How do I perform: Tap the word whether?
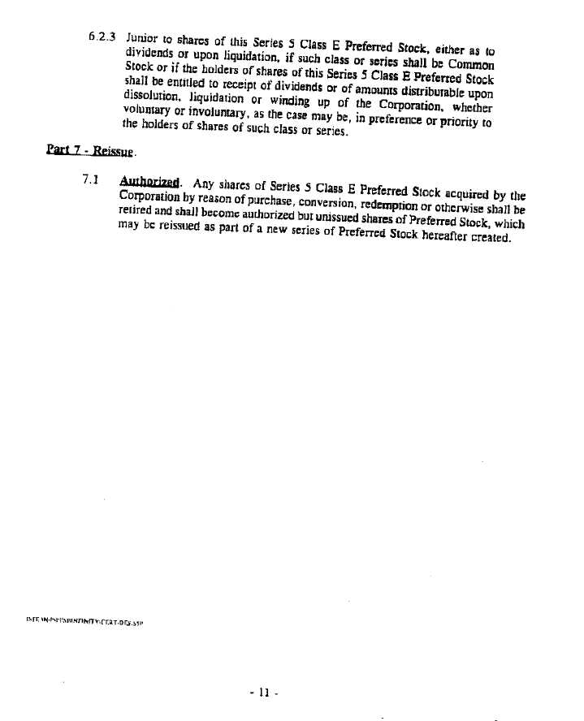pyautogui.click(x=473, y=106)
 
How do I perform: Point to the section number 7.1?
pyautogui.click(x=90, y=179)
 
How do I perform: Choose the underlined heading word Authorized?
pyautogui.click(x=150, y=183)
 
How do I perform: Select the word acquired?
pyautogui.click(x=467, y=194)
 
